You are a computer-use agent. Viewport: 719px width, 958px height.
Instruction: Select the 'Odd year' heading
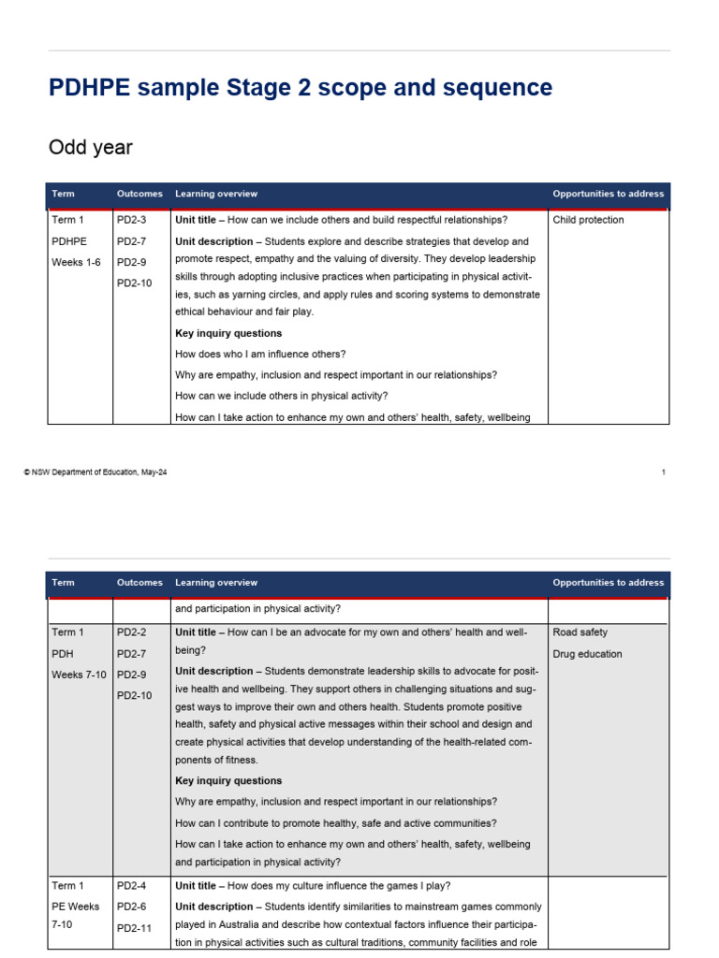(90, 148)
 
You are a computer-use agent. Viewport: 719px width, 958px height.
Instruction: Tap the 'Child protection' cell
(588, 221)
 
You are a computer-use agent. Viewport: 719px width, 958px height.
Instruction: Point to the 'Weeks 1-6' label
(76, 262)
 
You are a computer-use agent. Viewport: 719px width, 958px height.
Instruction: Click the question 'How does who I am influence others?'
(260, 355)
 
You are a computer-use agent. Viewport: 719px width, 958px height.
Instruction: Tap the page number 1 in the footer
(663, 472)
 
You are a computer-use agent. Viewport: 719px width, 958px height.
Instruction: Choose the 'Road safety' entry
(580, 633)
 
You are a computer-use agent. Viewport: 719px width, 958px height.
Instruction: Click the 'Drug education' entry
(587, 654)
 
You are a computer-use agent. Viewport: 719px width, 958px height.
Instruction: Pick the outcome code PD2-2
(132, 633)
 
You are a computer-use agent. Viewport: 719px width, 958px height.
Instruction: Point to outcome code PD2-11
(135, 928)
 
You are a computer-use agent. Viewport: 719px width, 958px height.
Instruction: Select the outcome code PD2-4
(132, 886)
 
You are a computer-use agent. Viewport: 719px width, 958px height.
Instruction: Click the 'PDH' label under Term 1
(64, 654)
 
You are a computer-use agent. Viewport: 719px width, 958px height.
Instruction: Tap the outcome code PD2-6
(132, 907)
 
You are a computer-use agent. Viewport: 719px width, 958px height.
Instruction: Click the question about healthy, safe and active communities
(336, 823)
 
